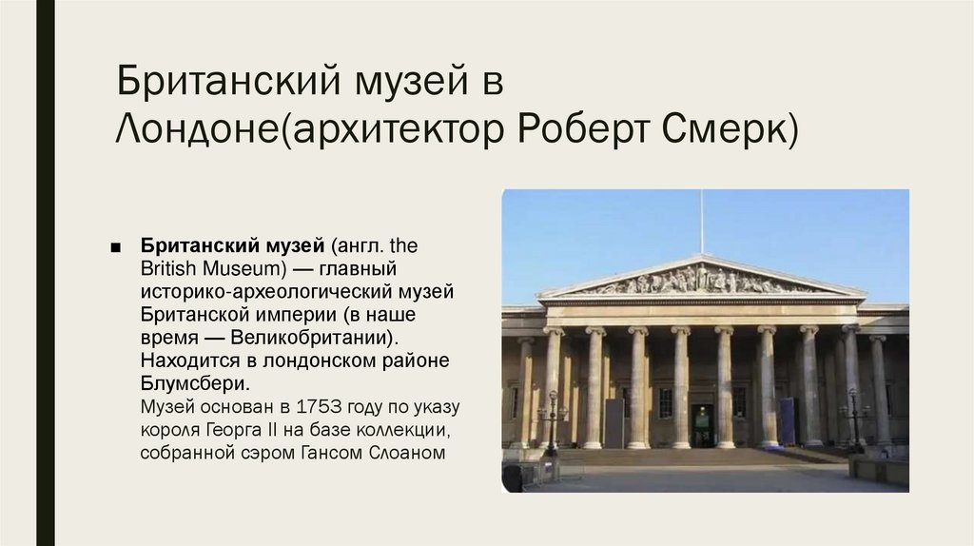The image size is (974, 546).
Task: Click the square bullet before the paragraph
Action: (116, 246)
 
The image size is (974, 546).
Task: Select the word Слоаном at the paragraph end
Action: (406, 452)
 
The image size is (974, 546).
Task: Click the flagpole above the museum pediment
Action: (702, 221)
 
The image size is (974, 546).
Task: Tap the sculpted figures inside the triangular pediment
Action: (702, 280)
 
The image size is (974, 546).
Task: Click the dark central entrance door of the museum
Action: (702, 424)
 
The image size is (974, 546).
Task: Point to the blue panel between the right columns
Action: (787, 420)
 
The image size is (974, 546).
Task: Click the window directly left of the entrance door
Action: (665, 401)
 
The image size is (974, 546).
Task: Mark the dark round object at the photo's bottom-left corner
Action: (513, 478)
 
